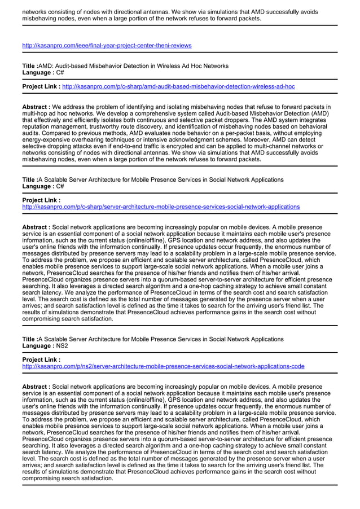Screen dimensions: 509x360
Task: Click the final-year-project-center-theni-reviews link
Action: point(107,45)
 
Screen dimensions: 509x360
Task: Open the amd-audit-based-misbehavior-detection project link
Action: point(178,86)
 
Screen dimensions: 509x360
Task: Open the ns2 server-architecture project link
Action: point(163,366)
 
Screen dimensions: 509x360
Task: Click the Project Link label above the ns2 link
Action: point(41,359)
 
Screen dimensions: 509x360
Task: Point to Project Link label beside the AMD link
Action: point(41,86)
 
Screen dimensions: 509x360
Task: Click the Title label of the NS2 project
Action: point(30,339)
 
